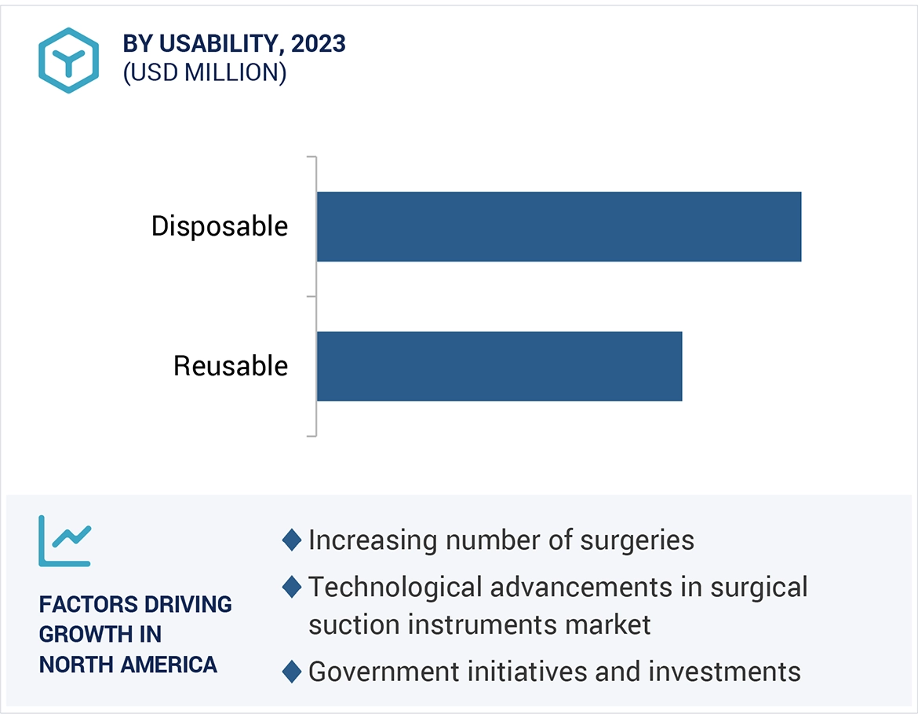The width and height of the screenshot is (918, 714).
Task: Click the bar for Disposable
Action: [559, 226]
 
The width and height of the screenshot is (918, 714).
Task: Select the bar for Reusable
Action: [499, 366]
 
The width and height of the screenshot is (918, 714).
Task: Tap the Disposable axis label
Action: [220, 226]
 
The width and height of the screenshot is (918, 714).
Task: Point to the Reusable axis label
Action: [231, 366]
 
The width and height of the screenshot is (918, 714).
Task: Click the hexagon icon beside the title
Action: [69, 60]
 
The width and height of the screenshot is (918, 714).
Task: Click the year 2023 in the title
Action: [318, 44]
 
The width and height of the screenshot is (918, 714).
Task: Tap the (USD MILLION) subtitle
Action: [205, 72]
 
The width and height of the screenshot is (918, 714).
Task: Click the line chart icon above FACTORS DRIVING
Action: [65, 540]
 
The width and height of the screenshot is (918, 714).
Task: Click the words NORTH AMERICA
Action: [128, 665]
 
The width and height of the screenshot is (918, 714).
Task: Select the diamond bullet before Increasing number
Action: [292, 540]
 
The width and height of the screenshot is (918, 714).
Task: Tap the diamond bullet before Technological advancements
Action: [292, 587]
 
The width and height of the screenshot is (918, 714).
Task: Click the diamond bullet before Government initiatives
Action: [292, 672]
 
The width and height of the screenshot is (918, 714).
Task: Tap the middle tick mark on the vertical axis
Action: [311, 296]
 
